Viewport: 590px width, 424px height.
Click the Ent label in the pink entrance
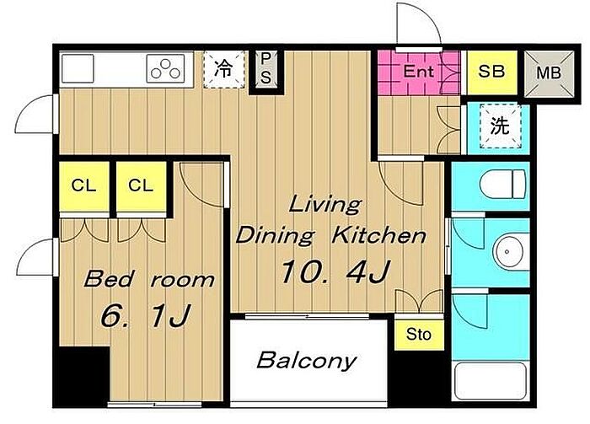click(418, 71)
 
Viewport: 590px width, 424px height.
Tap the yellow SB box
click(491, 72)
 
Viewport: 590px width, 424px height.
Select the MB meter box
click(550, 72)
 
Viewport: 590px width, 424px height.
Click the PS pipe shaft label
click(265, 68)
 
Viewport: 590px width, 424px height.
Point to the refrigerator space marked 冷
click(224, 70)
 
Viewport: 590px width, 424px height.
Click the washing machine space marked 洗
click(501, 126)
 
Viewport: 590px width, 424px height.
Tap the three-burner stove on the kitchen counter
click(165, 68)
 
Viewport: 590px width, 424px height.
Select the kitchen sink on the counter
click(78, 68)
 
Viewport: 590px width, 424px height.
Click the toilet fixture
click(502, 184)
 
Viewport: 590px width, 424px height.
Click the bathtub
click(490, 381)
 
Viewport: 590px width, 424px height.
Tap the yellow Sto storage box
click(419, 335)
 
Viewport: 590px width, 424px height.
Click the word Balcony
click(306, 361)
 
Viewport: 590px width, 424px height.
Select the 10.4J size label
click(335, 271)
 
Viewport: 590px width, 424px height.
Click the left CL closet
click(84, 185)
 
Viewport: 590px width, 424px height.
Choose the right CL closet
click(141, 185)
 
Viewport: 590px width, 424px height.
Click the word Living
click(325, 206)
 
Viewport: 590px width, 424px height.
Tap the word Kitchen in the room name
click(378, 236)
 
